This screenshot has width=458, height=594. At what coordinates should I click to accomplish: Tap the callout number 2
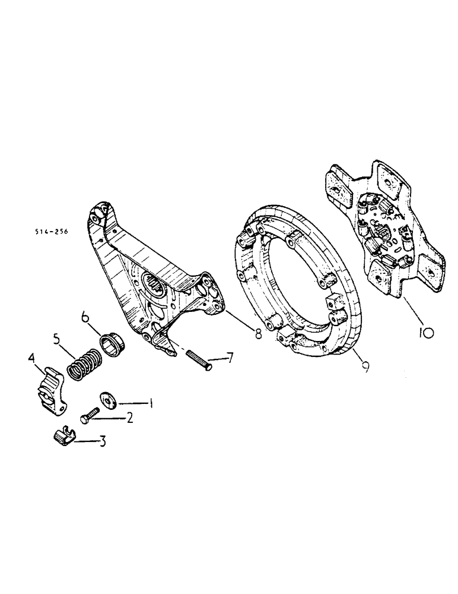pyautogui.click(x=129, y=419)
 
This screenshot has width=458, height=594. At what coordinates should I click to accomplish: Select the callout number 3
pyautogui.click(x=103, y=442)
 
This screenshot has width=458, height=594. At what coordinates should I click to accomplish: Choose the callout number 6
pyautogui.click(x=86, y=320)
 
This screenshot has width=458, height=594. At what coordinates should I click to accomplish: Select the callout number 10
pyautogui.click(x=424, y=333)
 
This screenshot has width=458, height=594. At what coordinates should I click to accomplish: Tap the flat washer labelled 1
pyautogui.click(x=109, y=400)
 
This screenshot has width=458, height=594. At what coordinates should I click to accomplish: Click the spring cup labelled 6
pyautogui.click(x=112, y=343)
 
